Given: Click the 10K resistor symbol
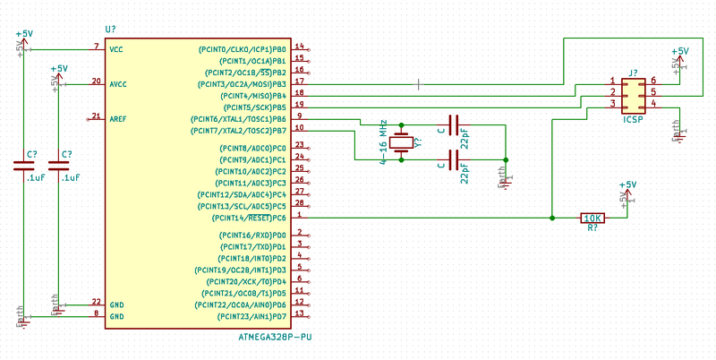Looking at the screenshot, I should (592, 218).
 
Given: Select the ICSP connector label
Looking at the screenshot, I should (634, 117).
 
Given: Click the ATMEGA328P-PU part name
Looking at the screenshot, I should (275, 338).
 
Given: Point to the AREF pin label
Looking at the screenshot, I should (118, 117).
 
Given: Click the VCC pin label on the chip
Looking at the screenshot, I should (116, 48).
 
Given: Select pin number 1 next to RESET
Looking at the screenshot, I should (299, 215).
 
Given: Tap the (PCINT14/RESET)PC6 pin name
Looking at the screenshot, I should (249, 218).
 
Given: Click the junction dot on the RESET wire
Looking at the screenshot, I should (552, 218).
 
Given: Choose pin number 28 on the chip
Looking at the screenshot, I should (300, 203).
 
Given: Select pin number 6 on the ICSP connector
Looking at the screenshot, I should (653, 81).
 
